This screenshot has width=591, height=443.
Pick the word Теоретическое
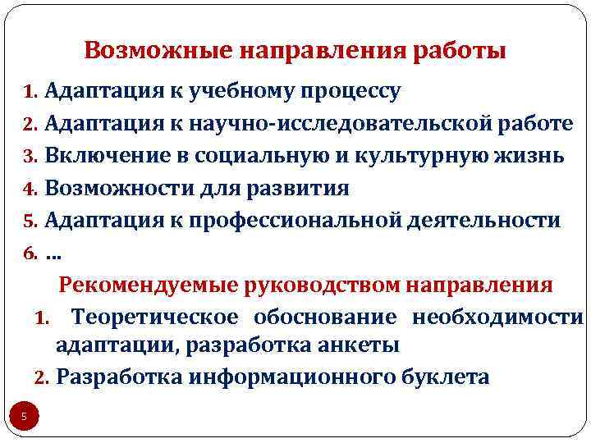tap(155, 317)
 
